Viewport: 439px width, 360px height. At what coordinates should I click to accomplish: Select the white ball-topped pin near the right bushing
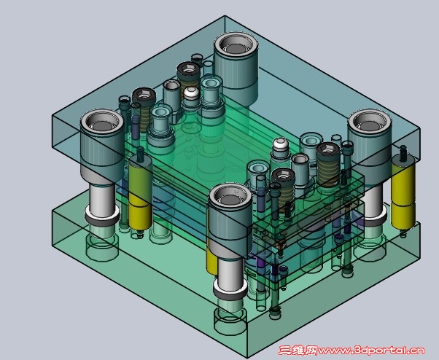281,145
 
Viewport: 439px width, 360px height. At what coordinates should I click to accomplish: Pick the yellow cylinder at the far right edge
403,192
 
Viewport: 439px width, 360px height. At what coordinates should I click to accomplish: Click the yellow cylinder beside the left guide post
140,193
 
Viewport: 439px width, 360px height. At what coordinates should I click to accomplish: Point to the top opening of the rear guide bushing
236,44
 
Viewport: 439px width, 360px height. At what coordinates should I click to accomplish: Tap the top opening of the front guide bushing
230,197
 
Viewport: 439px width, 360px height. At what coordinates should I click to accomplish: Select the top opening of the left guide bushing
101,122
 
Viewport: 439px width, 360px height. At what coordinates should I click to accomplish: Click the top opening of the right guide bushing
369,122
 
